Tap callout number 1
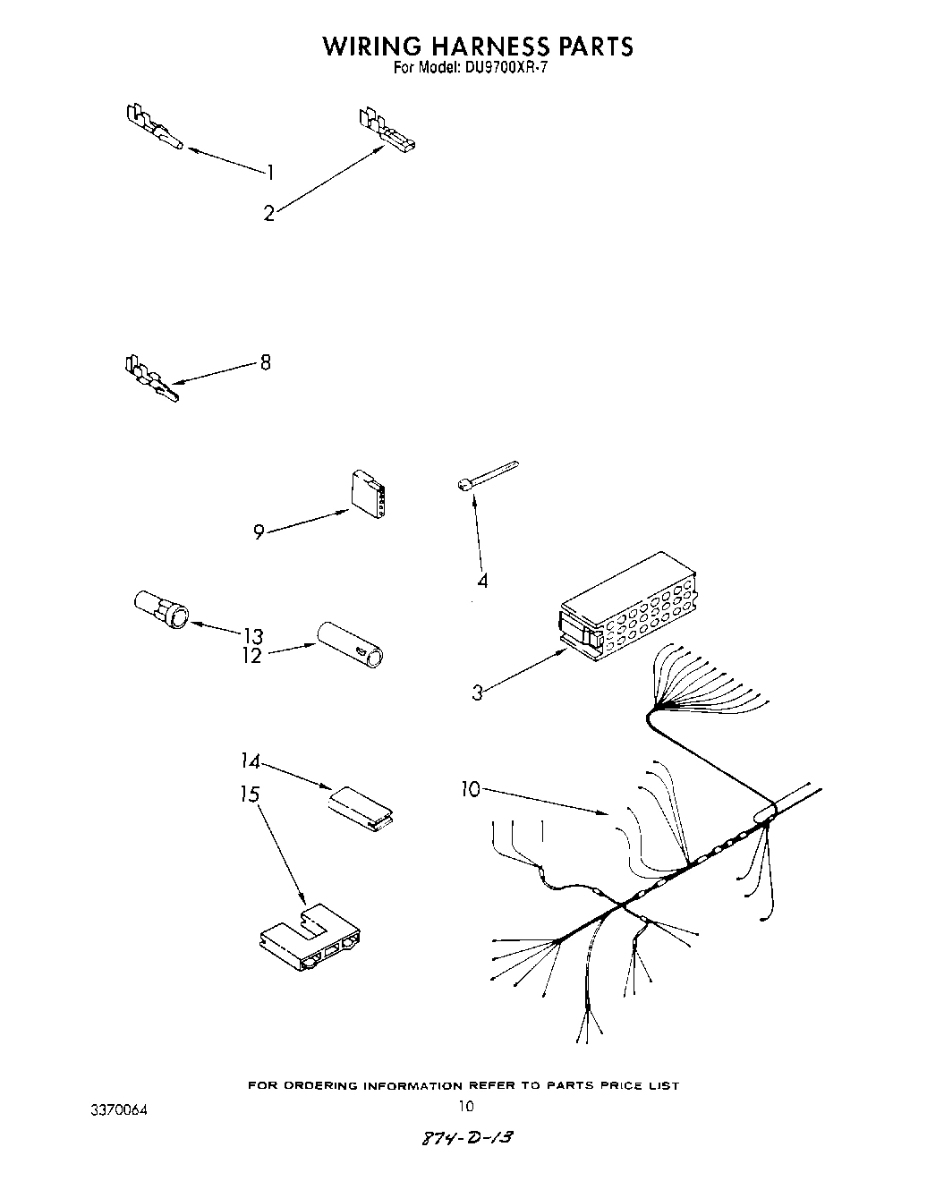(270, 172)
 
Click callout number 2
(268, 214)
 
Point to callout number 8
(265, 363)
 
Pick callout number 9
(259, 532)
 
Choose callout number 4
(482, 581)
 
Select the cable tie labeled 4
(488, 474)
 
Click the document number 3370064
(118, 1110)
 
